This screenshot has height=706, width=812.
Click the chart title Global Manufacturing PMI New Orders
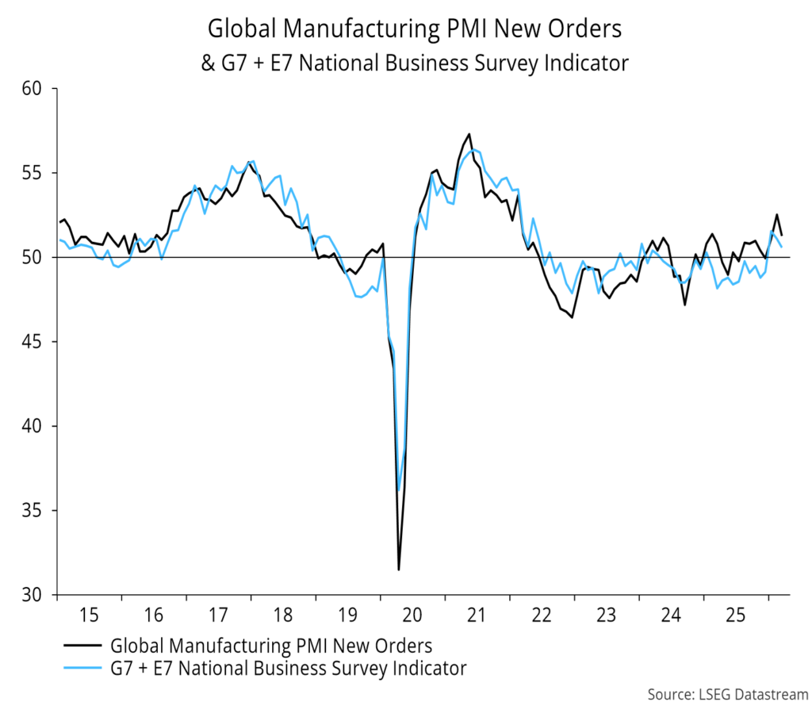415,29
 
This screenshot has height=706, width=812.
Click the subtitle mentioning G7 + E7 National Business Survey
415,63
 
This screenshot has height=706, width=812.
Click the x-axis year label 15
89,615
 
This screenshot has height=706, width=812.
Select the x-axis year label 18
283,615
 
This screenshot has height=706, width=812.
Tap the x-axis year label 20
412,615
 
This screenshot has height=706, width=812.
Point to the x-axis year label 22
542,615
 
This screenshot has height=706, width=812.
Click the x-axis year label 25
735,615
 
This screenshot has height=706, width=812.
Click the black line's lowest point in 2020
399,569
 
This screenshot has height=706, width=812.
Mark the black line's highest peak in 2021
469,134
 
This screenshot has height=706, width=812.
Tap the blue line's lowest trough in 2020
399,489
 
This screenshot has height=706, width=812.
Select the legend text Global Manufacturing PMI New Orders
271,645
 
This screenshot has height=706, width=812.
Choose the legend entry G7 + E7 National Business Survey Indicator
289,669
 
